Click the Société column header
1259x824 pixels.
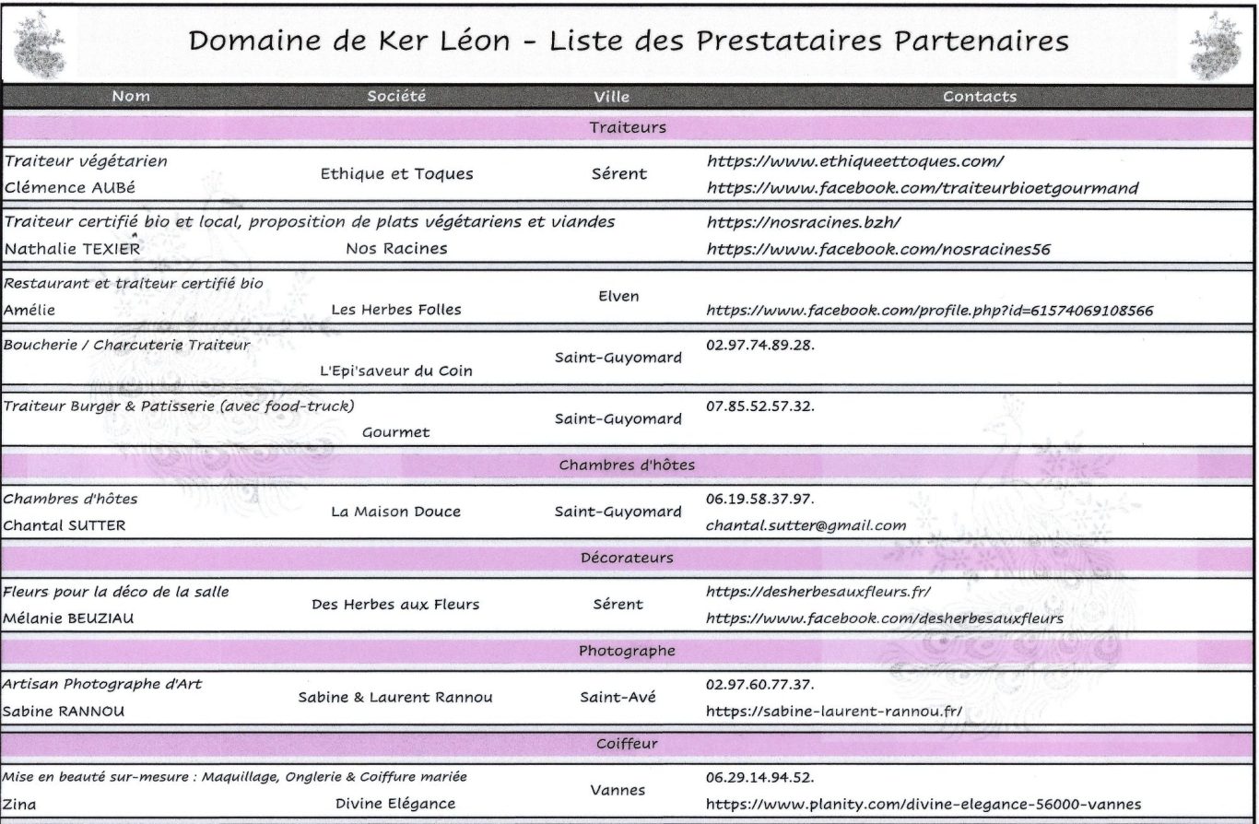[x=396, y=96]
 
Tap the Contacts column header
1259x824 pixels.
[x=980, y=96]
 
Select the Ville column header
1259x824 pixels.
[x=612, y=96]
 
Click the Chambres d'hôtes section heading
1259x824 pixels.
[x=627, y=465]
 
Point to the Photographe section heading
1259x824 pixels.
[x=627, y=651]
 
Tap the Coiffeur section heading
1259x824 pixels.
[x=627, y=742]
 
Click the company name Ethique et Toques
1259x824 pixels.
[x=396, y=173]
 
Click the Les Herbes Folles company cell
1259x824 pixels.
[x=396, y=310]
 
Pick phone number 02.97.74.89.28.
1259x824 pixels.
[x=760, y=345]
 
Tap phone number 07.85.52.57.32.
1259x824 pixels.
[x=760, y=406]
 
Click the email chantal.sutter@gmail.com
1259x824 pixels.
[x=806, y=525]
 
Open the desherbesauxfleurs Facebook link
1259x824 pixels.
[x=884, y=618]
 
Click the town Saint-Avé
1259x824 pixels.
[x=618, y=697]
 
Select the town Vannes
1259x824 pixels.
[x=618, y=790]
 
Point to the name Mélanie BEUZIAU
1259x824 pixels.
[x=68, y=618]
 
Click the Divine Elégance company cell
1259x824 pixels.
[x=395, y=803]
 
